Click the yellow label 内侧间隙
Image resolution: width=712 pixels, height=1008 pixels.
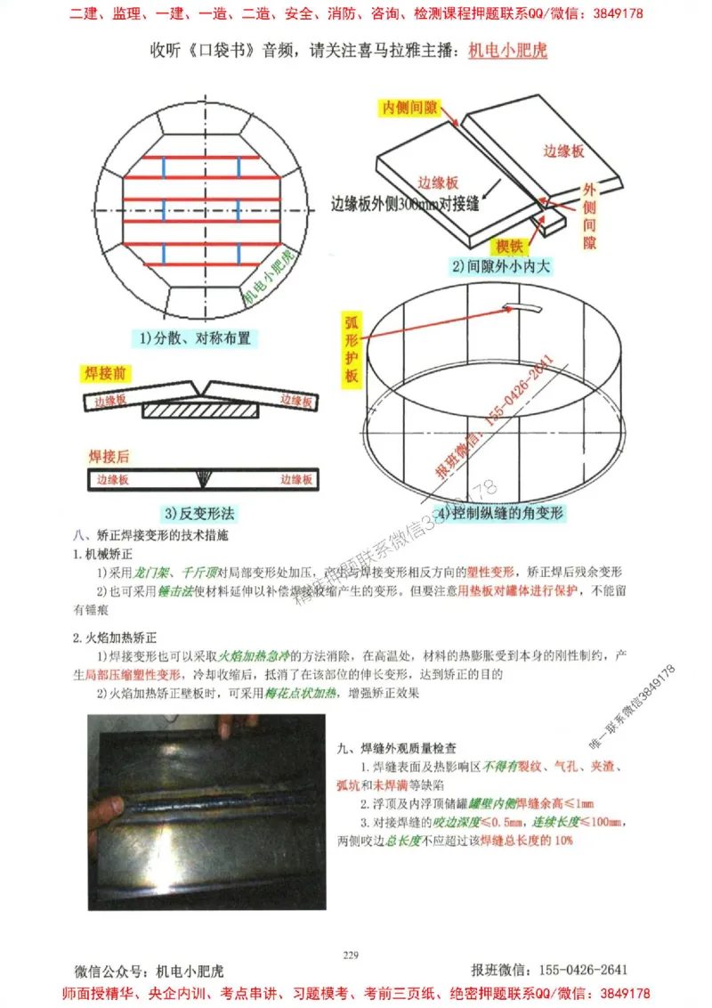(410, 107)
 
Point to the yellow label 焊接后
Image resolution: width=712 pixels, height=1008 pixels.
(109, 457)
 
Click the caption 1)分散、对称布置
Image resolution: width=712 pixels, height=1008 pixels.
(195, 337)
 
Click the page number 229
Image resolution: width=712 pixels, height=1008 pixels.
(350, 955)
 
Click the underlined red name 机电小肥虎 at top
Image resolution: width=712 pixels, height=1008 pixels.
(508, 50)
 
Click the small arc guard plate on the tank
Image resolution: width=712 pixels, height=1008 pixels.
(525, 307)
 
